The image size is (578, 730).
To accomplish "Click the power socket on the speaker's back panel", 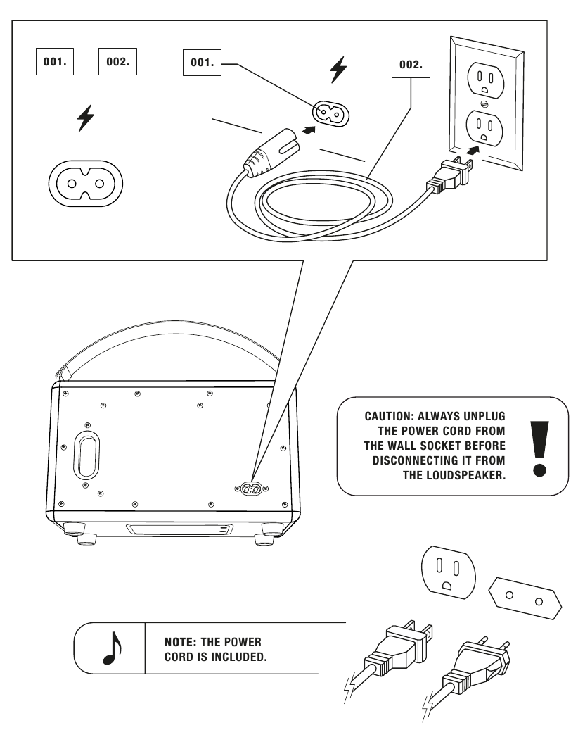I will click(x=251, y=488).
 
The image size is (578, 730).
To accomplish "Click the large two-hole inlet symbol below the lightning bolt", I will click(x=85, y=185).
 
